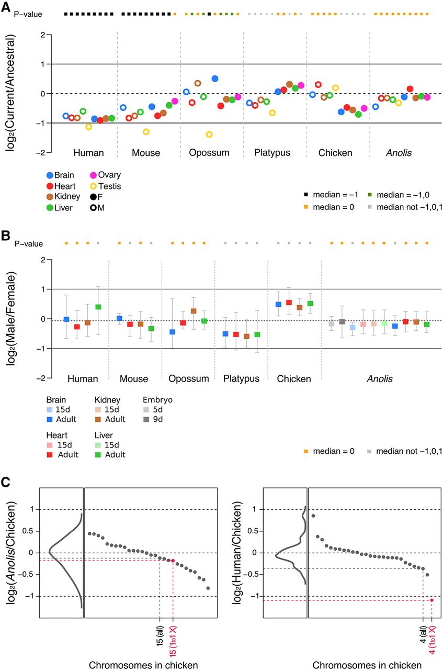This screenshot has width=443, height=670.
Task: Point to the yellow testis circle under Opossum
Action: click(209, 135)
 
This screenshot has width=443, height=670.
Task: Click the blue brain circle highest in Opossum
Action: click(215, 79)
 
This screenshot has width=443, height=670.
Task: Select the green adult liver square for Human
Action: click(98, 307)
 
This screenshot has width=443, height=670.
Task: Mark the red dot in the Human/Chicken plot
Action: click(431, 600)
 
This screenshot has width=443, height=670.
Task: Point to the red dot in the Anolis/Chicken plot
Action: click(173, 561)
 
